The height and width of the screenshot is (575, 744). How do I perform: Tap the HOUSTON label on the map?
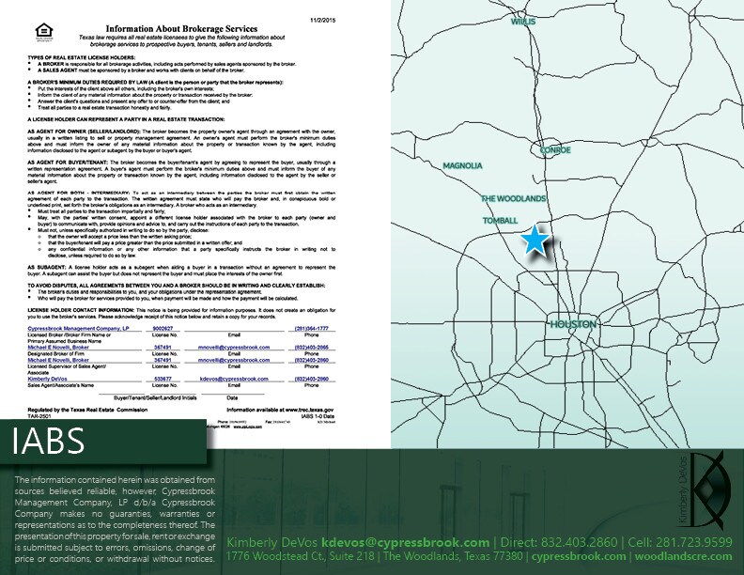pos(572,324)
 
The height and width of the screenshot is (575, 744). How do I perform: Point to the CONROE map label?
pos(550,149)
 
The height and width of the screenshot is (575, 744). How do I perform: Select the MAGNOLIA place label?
pos(463,165)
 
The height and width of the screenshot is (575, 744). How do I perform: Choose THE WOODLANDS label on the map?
pos(514,199)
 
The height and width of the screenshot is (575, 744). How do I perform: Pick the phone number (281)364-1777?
pos(320,329)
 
